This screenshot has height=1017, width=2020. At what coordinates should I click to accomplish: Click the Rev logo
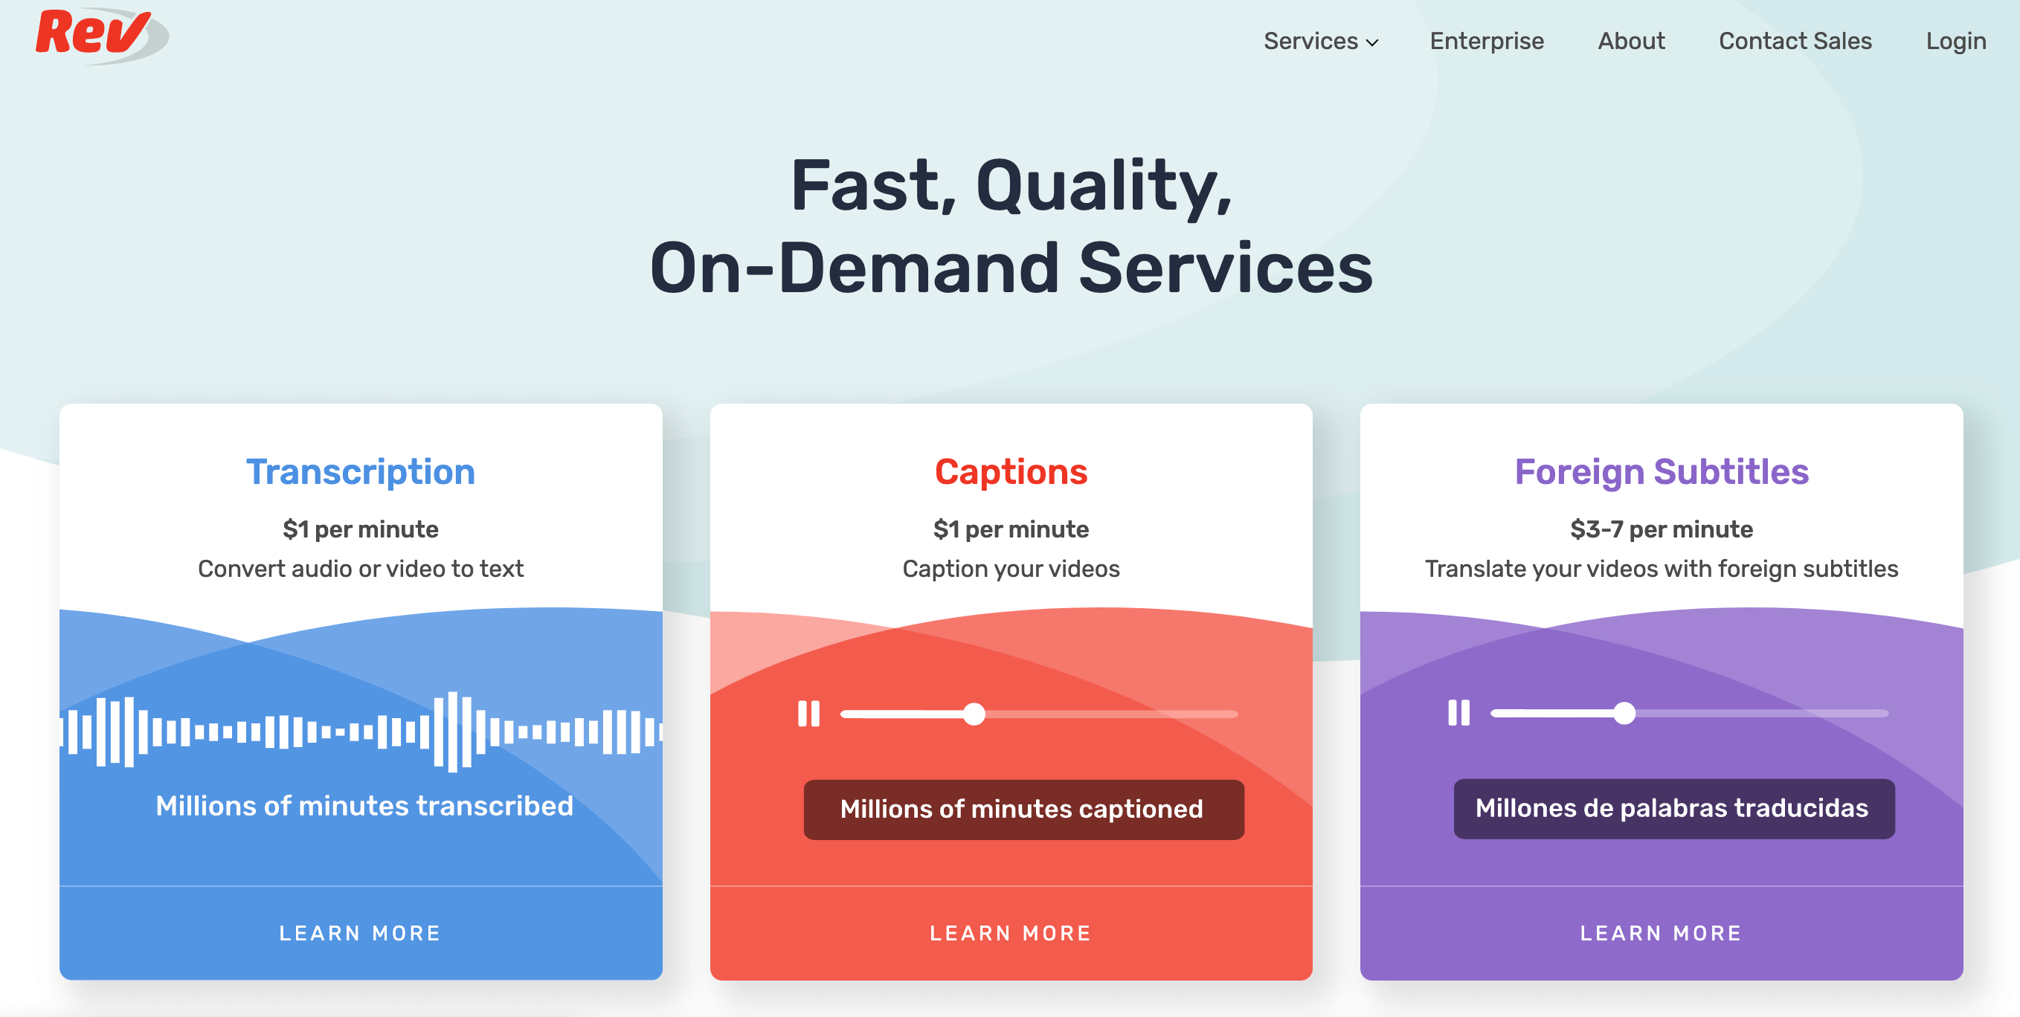pos(98,35)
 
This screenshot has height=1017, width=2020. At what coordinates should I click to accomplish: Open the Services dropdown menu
pos(1321,41)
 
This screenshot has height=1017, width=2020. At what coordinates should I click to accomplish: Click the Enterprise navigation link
pos(1486,41)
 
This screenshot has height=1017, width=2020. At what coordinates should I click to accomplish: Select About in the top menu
pos(1630,41)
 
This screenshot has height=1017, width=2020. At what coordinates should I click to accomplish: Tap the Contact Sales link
pos(1794,41)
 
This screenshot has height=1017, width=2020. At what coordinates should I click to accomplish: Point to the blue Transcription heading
pos(361,472)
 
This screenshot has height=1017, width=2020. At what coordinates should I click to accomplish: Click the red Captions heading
pos(1011,472)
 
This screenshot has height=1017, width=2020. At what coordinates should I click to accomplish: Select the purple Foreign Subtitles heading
pos(1661,472)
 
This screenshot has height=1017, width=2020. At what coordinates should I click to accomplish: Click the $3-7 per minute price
pos(1661,529)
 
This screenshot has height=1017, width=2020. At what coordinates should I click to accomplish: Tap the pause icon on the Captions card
pos(808,714)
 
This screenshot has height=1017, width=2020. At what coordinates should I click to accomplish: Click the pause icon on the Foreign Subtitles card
pos(1458,713)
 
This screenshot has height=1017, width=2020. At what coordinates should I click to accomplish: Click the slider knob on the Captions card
pos(974,714)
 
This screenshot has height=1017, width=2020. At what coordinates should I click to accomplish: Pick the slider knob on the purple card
pos(1625,713)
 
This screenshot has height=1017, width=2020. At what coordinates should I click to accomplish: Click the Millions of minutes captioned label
pos(1023,809)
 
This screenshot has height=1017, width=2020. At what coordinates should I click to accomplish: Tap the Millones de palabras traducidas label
pos(1673,808)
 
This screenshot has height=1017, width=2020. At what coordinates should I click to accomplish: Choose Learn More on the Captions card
pos(1011,933)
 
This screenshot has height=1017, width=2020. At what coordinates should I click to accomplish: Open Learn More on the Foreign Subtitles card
pos(1661,933)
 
